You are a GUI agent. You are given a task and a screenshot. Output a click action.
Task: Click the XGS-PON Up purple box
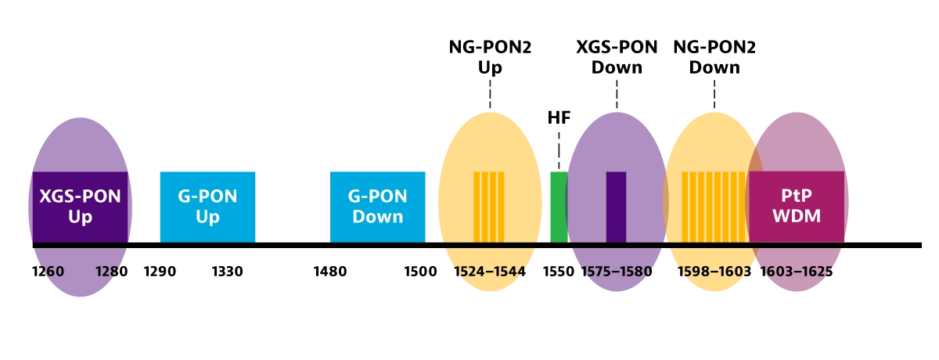[x=80, y=207]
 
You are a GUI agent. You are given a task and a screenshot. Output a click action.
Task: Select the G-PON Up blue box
[x=207, y=207]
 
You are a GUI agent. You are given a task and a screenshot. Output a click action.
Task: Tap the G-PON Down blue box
[x=378, y=207]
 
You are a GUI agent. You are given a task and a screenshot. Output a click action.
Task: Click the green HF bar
[x=559, y=207]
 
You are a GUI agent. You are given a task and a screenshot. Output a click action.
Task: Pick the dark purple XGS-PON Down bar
[x=617, y=207]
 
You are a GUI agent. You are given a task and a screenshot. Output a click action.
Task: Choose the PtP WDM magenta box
[x=797, y=207]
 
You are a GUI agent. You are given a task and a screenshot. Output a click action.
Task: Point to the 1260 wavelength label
[x=49, y=272]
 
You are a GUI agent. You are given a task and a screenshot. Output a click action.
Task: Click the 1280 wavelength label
[x=111, y=272]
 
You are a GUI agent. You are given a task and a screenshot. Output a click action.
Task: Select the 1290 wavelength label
[x=160, y=272]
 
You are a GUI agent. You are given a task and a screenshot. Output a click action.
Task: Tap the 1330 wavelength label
[x=227, y=272]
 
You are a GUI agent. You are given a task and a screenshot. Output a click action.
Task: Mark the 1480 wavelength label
[x=330, y=272]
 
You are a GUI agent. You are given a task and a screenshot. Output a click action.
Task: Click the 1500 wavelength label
[x=420, y=272]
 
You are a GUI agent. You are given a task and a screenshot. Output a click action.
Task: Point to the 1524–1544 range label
[x=490, y=272]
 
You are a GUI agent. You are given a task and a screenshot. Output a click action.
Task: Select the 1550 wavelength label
[x=559, y=272]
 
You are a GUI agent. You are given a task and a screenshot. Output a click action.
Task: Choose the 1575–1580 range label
[x=617, y=272]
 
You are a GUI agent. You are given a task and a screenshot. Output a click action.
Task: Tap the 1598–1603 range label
[x=714, y=272]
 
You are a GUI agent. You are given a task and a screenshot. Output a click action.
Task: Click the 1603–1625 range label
[x=797, y=272]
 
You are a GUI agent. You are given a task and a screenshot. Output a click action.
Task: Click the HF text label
[x=559, y=117]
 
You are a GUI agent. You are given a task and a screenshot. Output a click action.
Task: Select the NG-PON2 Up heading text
[x=490, y=57]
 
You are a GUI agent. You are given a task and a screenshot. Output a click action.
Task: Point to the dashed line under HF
[x=559, y=151]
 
